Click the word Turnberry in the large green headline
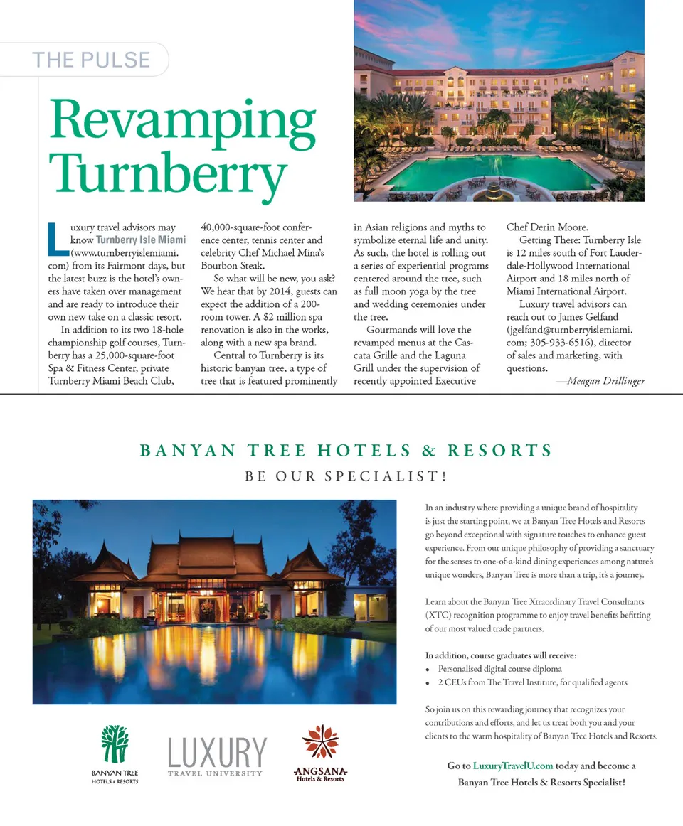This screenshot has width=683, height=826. [168, 173]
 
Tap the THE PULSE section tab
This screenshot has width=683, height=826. [91, 60]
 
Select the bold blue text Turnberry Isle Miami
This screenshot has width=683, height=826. [141, 240]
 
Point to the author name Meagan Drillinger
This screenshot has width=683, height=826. [600, 380]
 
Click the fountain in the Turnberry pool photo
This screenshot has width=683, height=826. [492, 188]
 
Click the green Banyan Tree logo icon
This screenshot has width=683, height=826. [115, 744]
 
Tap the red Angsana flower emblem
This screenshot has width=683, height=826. [320, 742]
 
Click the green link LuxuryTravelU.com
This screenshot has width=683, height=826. [512, 766]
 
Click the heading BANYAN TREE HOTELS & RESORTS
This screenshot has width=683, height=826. [346, 451]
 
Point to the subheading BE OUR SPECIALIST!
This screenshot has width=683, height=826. [346, 476]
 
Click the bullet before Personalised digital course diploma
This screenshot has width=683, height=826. [428, 670]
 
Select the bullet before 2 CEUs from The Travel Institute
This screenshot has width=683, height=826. [428, 683]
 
